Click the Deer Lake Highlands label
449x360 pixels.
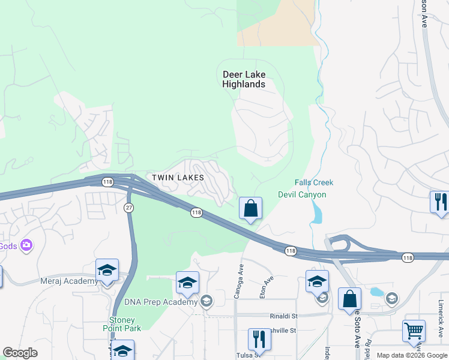tap(244, 79)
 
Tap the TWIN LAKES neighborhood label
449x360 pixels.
tap(178, 178)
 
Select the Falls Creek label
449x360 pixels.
tap(313, 182)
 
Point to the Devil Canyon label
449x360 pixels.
tap(302, 194)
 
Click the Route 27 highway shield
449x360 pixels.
tap(128, 207)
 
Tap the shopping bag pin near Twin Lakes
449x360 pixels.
tap(251, 209)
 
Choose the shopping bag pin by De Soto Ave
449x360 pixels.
tap(349, 299)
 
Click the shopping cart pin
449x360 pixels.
tap(414, 331)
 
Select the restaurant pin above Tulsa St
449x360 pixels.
tap(259, 339)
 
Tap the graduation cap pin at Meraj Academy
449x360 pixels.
tap(107, 271)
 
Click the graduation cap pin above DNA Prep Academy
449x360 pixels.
tap(187, 283)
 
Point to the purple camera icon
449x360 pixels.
tap(26, 245)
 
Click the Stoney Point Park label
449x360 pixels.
tap(125, 324)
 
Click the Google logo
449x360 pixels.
tap(20, 353)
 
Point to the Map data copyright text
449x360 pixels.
tap(411, 355)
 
